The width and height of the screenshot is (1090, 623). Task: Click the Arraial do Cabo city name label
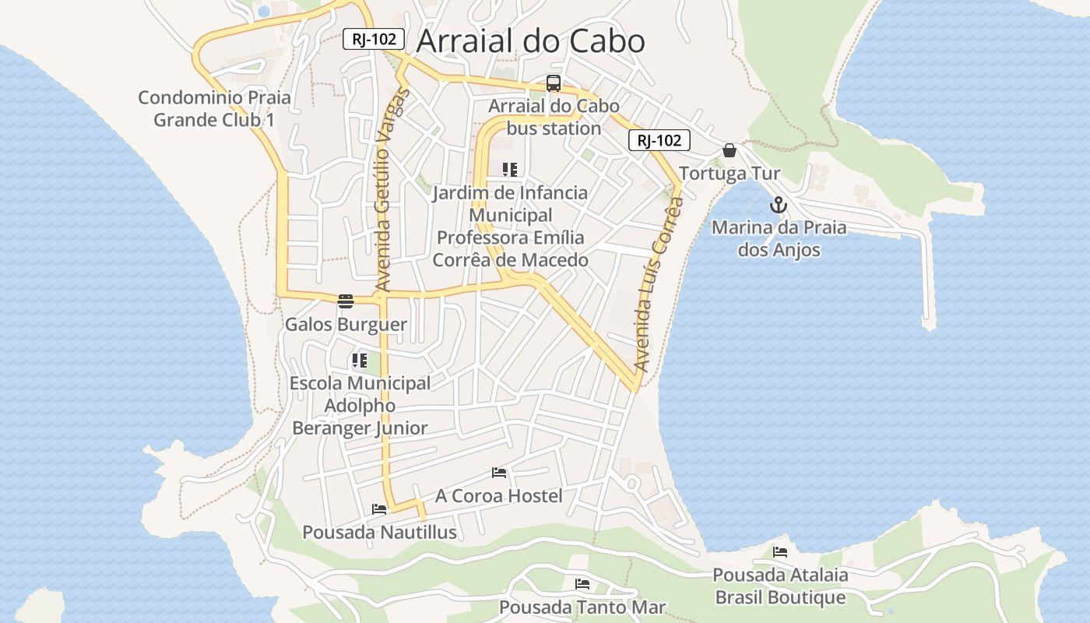pos(530,41)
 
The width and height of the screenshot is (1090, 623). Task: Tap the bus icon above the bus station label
pos(554,83)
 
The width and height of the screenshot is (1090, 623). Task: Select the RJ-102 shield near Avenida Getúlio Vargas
pos(374,39)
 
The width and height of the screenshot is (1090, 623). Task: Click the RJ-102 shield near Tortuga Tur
pos(659,140)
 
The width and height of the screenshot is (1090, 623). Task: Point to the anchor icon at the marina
pos(778,206)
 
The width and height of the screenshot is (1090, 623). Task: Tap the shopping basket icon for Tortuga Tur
pos(730,150)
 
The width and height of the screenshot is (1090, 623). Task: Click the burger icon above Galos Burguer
pos(346,301)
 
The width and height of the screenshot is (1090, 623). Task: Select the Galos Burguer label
pos(346,324)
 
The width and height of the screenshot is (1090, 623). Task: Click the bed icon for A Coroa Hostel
pos(499,473)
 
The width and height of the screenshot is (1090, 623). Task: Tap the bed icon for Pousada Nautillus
pos(379,509)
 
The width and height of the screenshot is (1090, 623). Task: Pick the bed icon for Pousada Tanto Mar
pos(582,584)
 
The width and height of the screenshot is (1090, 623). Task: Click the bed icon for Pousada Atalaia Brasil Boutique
pos(780,552)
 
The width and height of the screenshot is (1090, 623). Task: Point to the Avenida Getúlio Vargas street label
pos(391,191)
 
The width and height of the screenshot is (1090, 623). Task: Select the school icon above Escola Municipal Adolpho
pos(359,361)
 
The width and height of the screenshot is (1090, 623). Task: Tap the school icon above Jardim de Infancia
pos(510,170)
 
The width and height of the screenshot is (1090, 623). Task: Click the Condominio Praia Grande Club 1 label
pos(214,108)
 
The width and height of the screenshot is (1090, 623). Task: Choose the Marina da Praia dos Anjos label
pos(779,238)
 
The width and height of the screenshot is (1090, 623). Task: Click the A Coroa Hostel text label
pos(498,495)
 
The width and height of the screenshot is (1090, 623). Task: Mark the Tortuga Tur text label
pos(730,173)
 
